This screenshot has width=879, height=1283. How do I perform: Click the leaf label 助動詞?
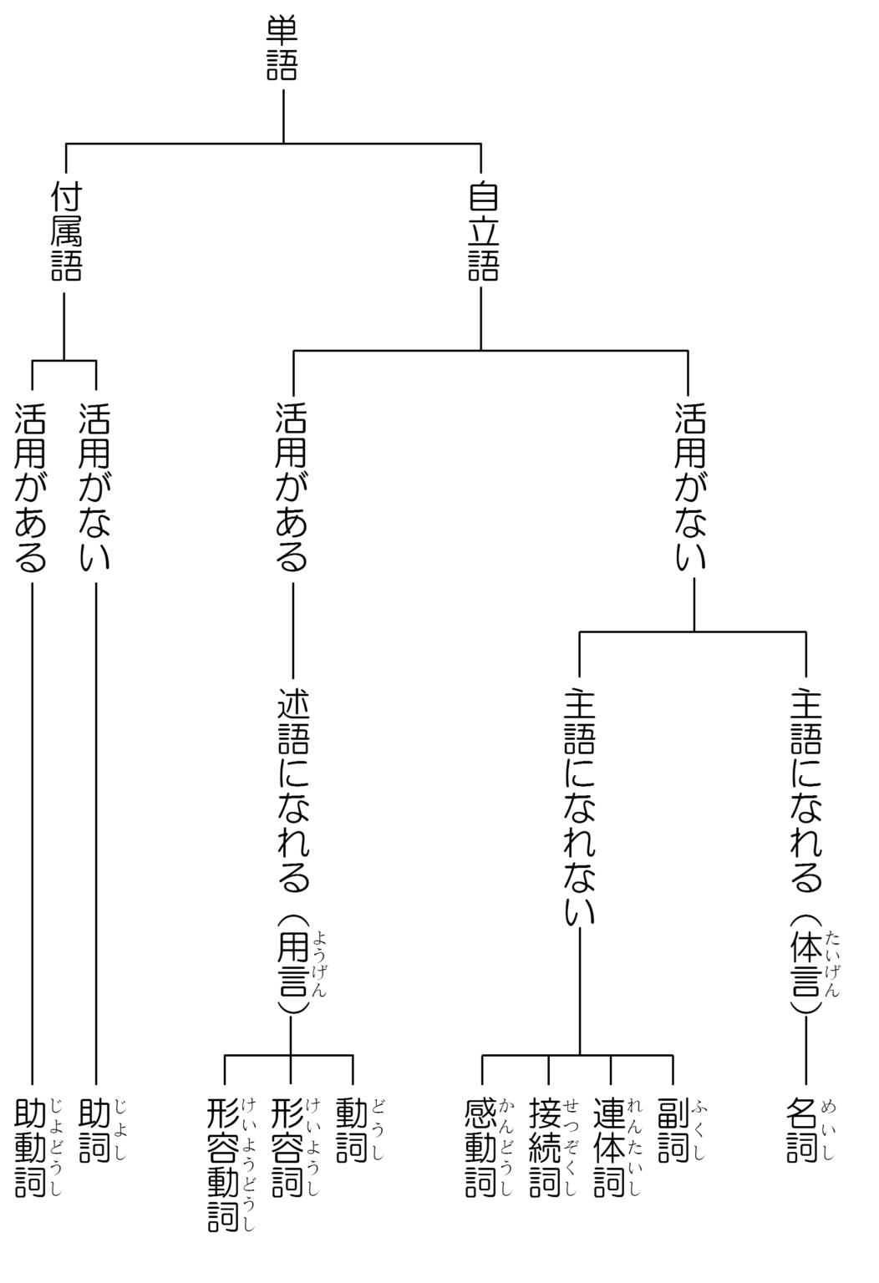tap(31, 1148)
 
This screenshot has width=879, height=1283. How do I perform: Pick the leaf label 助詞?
tap(95, 1131)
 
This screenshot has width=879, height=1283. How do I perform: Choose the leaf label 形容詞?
tap(288, 1148)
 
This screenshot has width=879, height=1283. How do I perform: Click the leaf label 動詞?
tap(353, 1131)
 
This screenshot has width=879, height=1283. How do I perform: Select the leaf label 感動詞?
tap(482, 1148)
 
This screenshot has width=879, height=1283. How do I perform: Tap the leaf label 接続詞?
tap(546, 1148)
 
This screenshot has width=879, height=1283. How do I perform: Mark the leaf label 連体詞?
tap(611, 1148)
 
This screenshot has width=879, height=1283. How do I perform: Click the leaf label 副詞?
tap(673, 1131)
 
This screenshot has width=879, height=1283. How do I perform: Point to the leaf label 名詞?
tap(804, 1131)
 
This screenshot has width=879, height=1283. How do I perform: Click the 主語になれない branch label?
tap(580, 806)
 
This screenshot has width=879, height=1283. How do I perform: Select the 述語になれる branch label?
tap(293, 789)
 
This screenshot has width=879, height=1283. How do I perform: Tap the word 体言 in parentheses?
tap(805, 964)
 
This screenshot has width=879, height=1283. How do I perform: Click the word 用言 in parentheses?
tap(292, 964)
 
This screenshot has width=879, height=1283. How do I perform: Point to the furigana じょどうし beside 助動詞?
tap(56, 1148)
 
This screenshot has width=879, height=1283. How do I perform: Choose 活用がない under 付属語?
tap(95, 488)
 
